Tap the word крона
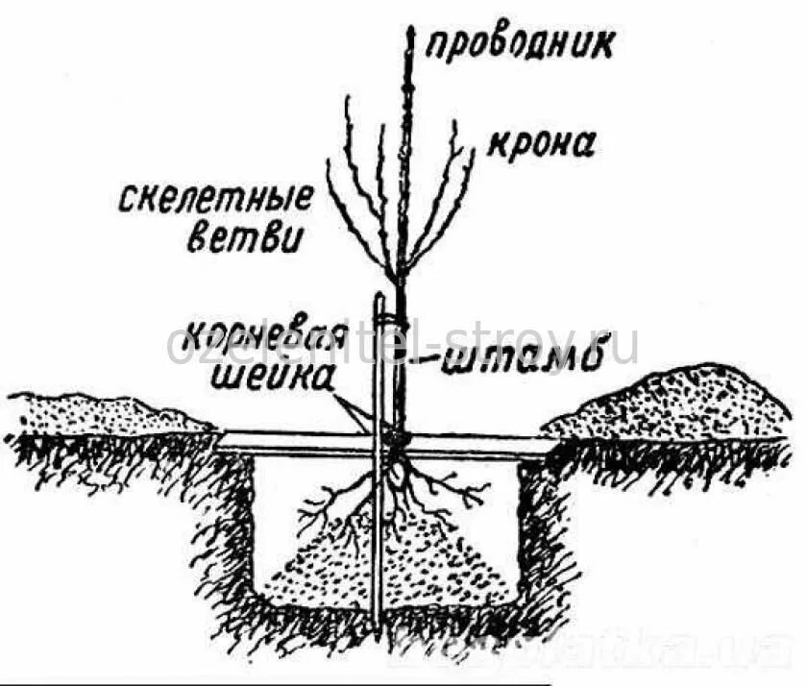point(541,143)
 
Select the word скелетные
point(217,200)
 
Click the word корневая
point(260,338)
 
